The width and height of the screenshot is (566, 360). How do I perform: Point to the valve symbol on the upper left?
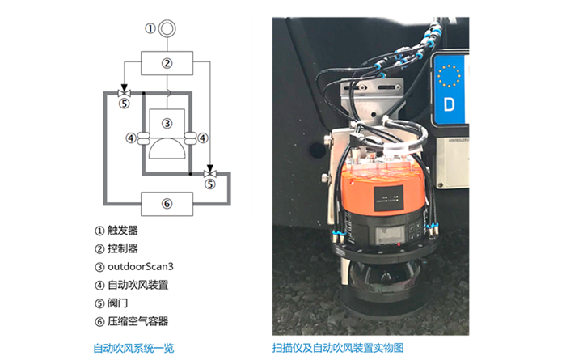(125, 94)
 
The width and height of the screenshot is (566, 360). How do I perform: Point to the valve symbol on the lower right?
(209, 174)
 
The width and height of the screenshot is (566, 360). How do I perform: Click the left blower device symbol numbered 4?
(144, 138)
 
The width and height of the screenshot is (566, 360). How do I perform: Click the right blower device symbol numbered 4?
(191, 138)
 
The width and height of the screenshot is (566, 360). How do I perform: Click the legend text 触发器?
(123, 231)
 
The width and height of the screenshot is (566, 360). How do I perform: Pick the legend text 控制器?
(123, 248)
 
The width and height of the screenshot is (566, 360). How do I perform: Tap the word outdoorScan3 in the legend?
(141, 267)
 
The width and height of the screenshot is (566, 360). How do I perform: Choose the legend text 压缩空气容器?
(138, 321)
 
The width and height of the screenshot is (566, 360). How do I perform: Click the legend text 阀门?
(118, 303)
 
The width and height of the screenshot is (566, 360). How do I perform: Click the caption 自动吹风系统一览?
(133, 349)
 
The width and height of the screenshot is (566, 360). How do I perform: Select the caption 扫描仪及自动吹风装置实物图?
(338, 348)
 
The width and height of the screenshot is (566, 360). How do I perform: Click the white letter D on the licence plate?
(449, 104)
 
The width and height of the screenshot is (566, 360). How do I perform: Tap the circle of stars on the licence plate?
(449, 76)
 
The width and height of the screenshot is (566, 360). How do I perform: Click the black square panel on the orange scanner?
(389, 198)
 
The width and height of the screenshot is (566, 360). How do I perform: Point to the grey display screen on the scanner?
(387, 235)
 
